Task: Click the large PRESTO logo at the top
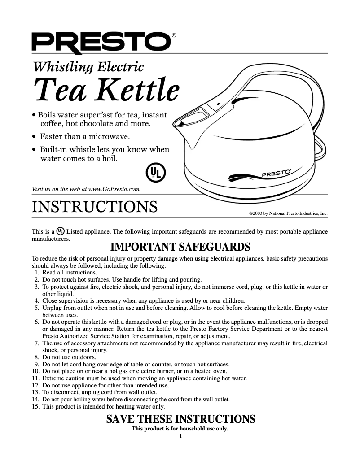point(101,43)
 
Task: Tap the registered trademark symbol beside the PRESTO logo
point(174,35)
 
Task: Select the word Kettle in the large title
point(139,90)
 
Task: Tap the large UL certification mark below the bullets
point(155,173)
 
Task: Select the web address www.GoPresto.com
point(114,189)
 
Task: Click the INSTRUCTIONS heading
point(95,207)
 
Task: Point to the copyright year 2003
point(257,213)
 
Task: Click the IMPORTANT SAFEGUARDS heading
point(180,247)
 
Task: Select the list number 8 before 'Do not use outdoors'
point(37,357)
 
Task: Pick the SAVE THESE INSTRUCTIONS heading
point(181,419)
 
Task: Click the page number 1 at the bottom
point(180,436)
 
